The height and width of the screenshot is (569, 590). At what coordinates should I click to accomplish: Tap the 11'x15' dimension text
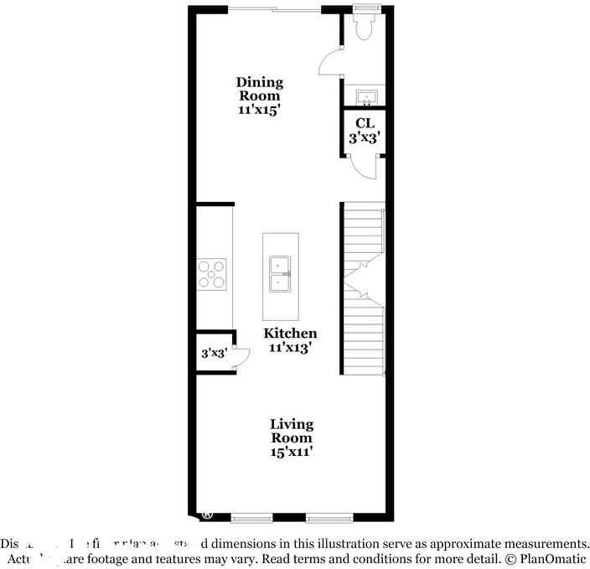(259, 109)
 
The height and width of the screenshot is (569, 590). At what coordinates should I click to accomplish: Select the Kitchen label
(291, 333)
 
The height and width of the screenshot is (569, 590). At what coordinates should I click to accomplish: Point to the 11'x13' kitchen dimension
(291, 347)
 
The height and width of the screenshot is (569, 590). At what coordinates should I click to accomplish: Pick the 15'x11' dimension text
(292, 452)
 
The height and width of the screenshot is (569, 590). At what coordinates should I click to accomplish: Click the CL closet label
(365, 123)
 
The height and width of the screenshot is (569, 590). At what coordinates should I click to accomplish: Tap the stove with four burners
(212, 274)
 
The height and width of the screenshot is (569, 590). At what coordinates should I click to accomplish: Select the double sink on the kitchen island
(279, 274)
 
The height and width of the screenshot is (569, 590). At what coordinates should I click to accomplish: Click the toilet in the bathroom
(365, 26)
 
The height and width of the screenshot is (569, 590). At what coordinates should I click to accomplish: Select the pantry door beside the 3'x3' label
(240, 357)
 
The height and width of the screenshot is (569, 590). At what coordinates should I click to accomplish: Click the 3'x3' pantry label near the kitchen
(214, 354)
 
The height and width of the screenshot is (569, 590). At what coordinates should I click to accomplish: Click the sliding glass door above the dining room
(274, 10)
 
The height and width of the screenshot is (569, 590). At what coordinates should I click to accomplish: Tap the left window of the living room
(252, 516)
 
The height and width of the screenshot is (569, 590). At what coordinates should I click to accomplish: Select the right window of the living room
(327, 516)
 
